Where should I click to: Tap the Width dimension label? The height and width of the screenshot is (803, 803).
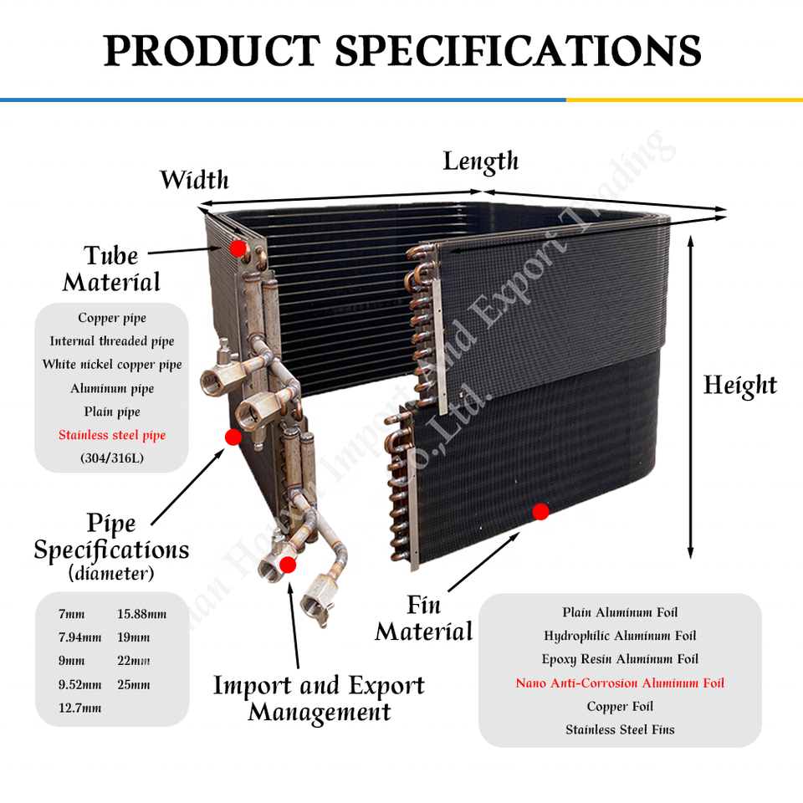click(x=194, y=180)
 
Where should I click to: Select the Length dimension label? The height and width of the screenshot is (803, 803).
click(x=481, y=161)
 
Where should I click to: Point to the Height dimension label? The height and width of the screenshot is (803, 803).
click(x=740, y=386)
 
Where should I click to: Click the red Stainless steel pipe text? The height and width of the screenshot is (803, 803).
click(x=112, y=435)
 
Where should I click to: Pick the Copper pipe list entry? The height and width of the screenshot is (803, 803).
click(x=112, y=318)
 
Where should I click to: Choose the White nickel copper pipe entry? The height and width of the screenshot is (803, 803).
click(x=112, y=365)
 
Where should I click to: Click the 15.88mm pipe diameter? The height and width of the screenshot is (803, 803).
click(x=142, y=614)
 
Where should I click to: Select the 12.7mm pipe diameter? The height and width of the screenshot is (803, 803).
click(x=79, y=708)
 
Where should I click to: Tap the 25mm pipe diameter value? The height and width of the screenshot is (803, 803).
click(x=134, y=684)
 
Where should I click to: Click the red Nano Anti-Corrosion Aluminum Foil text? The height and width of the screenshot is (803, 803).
click(x=620, y=683)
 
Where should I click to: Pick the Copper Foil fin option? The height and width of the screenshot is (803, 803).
click(x=620, y=706)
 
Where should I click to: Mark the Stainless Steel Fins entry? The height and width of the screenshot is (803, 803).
click(x=620, y=729)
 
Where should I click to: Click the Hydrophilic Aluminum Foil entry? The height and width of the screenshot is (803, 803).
click(x=620, y=636)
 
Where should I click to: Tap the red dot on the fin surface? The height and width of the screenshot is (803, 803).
click(x=540, y=511)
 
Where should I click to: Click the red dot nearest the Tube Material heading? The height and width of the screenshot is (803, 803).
click(x=238, y=248)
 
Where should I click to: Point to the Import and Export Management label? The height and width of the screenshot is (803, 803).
click(x=319, y=698)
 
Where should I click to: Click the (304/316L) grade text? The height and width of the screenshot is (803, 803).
click(x=112, y=458)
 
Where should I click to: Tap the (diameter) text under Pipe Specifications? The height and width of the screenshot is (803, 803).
click(x=111, y=575)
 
